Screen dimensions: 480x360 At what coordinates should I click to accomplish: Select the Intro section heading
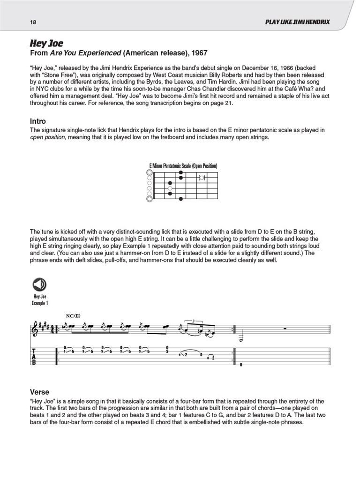37,121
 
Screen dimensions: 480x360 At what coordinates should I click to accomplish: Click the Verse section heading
39,392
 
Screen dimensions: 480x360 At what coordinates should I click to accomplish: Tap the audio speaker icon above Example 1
40,285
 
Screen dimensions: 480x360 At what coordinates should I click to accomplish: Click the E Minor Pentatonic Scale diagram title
183,166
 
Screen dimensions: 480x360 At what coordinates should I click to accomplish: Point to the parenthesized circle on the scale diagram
202,178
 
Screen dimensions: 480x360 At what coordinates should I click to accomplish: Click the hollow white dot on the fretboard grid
170,188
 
